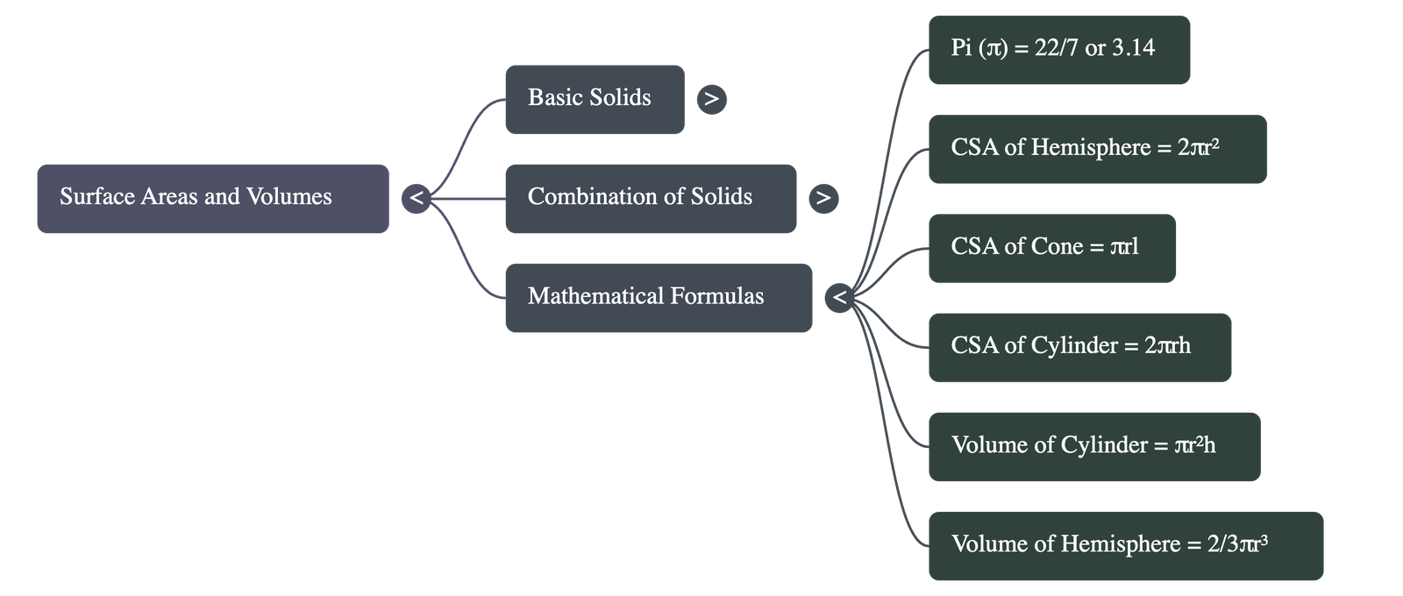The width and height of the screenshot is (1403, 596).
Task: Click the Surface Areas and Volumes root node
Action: [212, 198]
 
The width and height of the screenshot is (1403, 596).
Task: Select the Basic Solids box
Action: [594, 98]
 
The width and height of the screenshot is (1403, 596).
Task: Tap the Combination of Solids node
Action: [650, 198]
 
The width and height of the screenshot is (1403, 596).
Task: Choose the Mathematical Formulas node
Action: [658, 297]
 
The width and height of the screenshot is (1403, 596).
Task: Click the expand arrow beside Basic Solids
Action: [711, 99]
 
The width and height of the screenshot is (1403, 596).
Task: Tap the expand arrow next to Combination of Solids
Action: [823, 198]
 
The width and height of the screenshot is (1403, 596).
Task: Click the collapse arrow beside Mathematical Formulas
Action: [839, 298]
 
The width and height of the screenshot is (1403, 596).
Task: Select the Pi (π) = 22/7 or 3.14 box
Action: [1058, 49]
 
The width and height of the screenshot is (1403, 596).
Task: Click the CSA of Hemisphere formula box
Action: [1096, 148]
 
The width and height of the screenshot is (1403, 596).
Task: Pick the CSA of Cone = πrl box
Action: [1050, 247]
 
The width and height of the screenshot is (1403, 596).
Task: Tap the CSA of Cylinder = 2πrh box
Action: [1079, 346]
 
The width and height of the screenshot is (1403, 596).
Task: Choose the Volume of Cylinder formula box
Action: [1093, 446]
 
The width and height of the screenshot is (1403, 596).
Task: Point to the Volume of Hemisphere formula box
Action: [1125, 545]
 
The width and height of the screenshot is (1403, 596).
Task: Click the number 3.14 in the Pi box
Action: [1133, 48]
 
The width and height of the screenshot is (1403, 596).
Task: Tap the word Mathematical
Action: [595, 297]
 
